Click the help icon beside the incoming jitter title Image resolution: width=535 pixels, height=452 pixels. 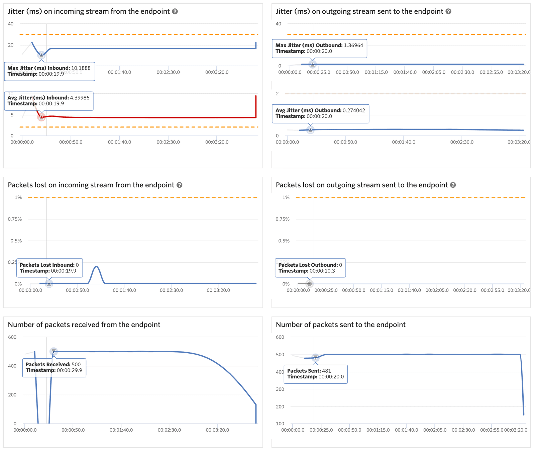click(x=175, y=11)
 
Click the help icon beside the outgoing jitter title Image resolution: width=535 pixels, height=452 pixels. click(x=448, y=11)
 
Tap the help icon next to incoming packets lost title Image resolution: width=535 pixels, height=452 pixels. click(x=180, y=185)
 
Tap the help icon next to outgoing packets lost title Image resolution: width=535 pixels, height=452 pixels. click(x=453, y=185)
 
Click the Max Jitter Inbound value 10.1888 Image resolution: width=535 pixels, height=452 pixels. click(x=81, y=68)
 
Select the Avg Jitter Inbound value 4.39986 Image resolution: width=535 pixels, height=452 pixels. click(x=80, y=98)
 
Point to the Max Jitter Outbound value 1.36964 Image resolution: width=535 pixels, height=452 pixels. click(x=353, y=45)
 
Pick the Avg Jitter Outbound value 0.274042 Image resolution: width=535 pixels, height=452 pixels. click(x=354, y=110)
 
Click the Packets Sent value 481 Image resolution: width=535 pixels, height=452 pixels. click(x=326, y=371)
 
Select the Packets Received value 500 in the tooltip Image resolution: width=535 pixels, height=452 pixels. click(x=76, y=364)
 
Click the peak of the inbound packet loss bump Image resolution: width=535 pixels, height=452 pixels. click(x=96, y=267)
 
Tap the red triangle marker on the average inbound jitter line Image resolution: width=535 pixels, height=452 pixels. click(x=41, y=117)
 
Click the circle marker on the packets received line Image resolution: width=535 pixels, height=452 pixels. click(x=53, y=351)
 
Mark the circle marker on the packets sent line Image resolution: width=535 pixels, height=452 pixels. click(x=315, y=358)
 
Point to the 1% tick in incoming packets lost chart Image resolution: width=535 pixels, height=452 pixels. click(x=18, y=197)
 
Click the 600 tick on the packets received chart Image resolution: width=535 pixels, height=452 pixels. click(x=12, y=337)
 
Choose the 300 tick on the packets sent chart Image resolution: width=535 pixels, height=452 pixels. click(x=280, y=389)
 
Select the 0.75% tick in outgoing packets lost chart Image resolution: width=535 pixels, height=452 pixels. click(x=283, y=219)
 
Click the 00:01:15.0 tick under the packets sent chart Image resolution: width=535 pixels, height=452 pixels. click(x=378, y=430)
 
